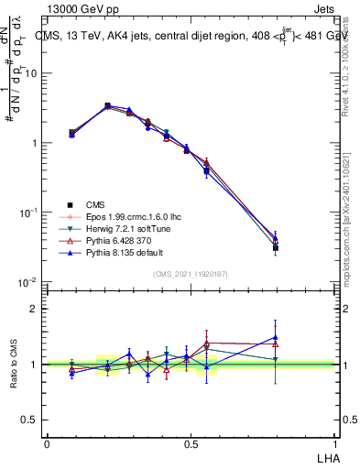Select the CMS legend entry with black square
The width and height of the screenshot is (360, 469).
[x=96, y=204]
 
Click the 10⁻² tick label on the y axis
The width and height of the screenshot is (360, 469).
[x=27, y=282]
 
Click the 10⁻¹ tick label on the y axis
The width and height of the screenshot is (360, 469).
[x=27, y=213]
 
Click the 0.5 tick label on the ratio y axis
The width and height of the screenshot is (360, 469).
[x=29, y=420]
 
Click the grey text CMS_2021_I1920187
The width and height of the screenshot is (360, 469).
[x=191, y=275]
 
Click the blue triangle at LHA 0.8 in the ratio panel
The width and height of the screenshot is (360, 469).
[x=276, y=337]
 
